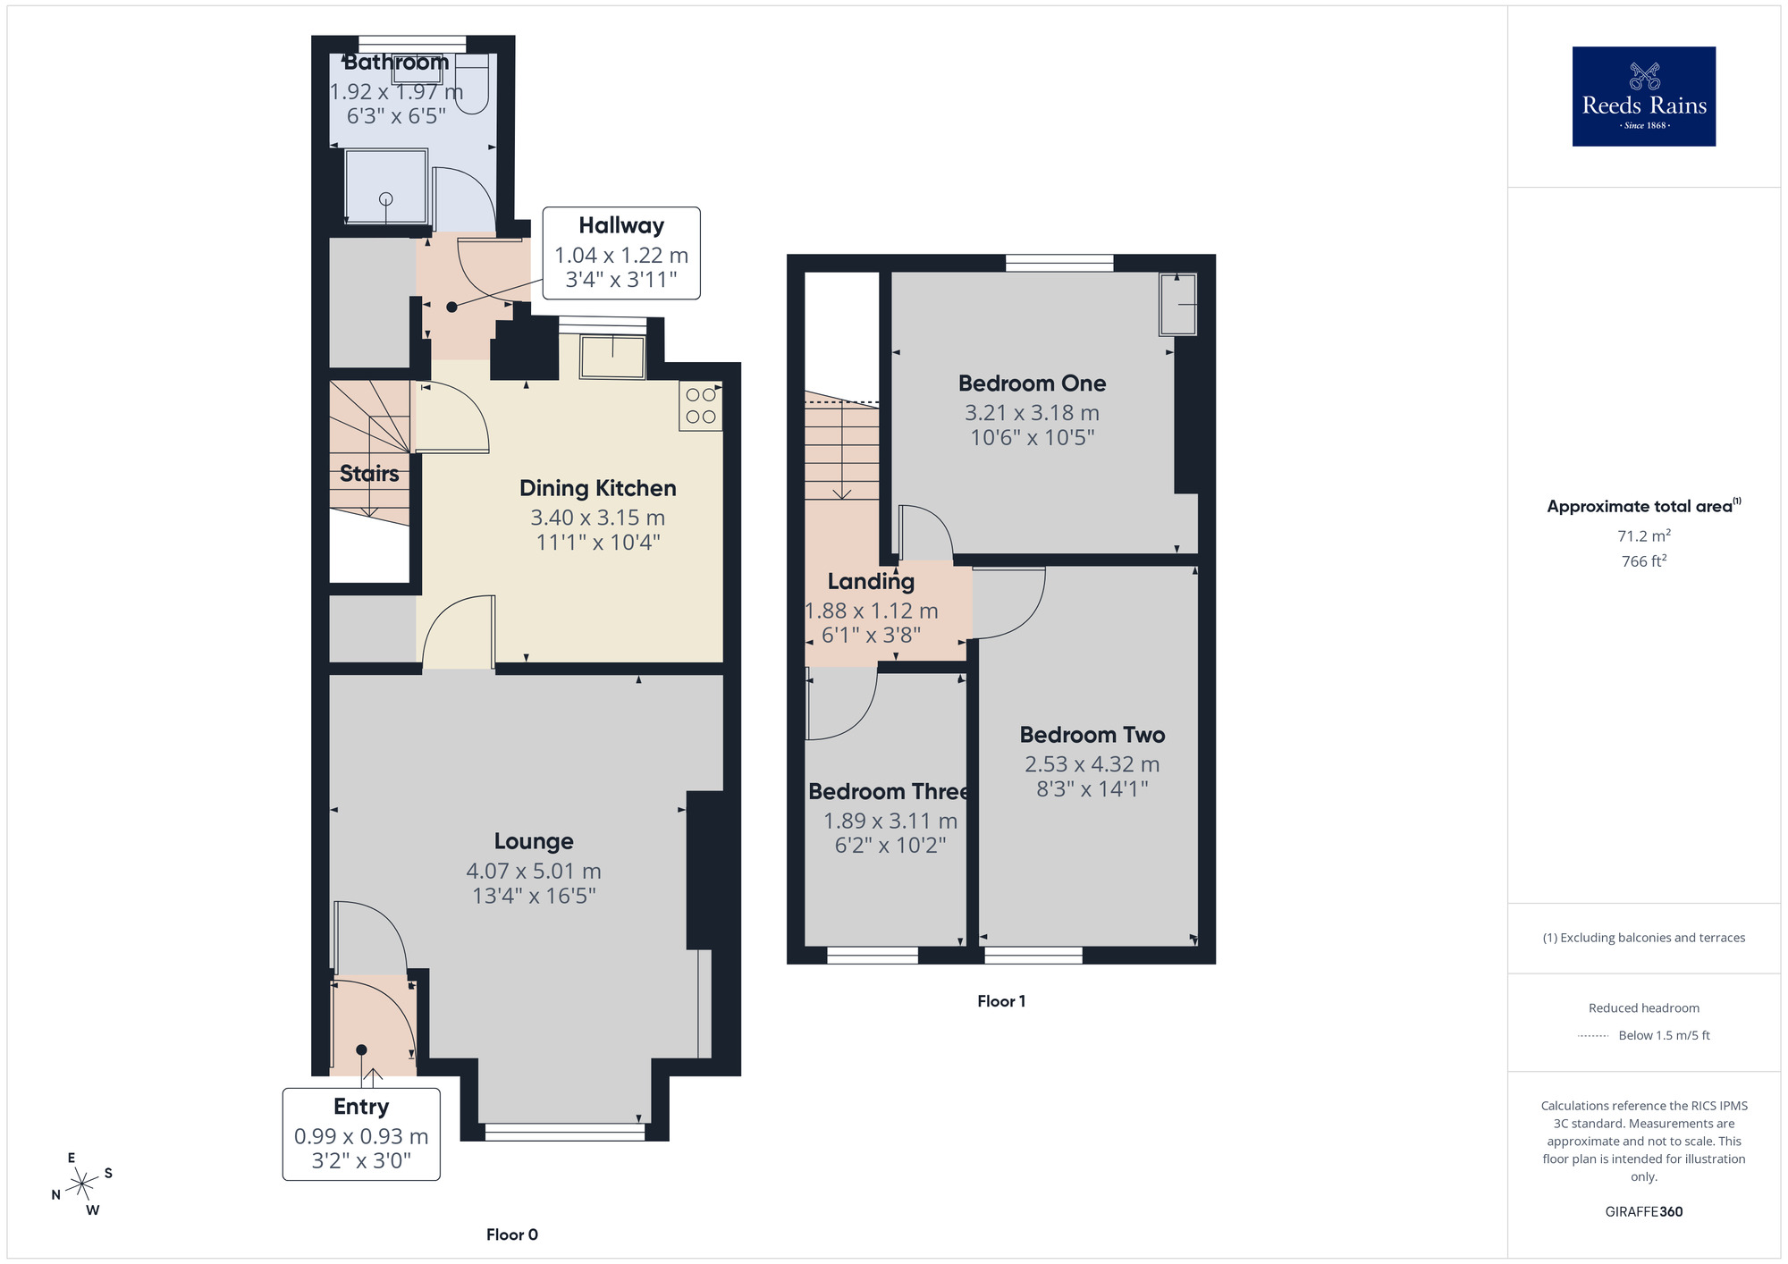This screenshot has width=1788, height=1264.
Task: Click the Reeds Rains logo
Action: point(1643,97)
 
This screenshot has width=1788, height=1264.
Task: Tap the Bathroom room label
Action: point(396,63)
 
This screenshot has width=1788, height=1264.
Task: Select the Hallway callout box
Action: point(621,253)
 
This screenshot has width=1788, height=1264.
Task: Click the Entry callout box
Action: point(361,1133)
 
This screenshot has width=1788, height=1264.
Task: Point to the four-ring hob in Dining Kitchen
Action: point(701,406)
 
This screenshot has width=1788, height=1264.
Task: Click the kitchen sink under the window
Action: point(612,357)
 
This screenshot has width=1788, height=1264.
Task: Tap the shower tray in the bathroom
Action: point(385,186)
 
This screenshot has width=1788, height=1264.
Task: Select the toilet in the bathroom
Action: point(472,85)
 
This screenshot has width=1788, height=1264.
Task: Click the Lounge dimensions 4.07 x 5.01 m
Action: point(534,871)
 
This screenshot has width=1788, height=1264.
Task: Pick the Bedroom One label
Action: point(1032,383)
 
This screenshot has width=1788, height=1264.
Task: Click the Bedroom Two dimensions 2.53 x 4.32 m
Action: point(1092,764)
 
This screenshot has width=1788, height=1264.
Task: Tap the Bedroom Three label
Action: point(888,792)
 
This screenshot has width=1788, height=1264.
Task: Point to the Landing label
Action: point(871,582)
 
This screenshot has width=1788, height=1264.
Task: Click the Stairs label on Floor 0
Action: point(369,474)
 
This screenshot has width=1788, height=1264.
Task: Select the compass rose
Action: point(82,1184)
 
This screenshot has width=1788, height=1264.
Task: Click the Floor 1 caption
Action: point(1001,1001)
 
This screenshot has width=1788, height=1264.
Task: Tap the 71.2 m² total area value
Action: point(1643,536)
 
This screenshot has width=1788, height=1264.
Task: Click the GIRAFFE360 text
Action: point(1643,1212)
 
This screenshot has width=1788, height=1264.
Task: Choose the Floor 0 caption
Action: point(511,1235)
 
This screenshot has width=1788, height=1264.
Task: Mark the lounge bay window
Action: point(564,1133)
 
